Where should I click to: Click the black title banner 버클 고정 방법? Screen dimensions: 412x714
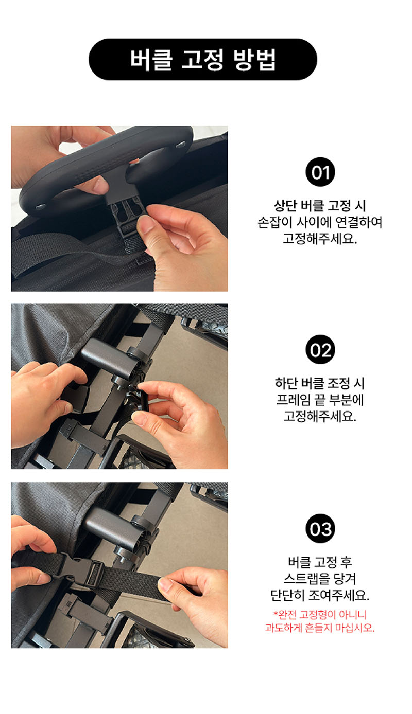pos(202,59)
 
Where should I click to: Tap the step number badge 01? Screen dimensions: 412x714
pos(320,172)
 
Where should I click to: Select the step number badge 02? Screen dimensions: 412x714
pos(320,349)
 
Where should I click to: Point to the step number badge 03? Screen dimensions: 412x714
pos(320,528)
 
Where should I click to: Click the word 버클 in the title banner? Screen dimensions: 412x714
pos(151,60)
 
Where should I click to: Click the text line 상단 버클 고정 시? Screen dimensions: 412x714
pos(320,206)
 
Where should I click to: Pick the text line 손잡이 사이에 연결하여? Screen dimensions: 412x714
pos(320,222)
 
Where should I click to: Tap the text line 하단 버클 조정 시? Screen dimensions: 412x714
pos(320,383)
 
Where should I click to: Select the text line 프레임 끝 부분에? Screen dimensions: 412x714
pos(320,400)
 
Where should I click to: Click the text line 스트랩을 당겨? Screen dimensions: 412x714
pos(320,578)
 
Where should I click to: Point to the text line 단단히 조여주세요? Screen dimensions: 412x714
pos(320,595)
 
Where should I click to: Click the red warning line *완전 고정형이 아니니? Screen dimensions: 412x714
pos(320,614)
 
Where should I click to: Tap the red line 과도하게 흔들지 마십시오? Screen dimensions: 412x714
pos(320,628)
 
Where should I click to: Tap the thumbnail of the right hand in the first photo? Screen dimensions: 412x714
pos(144,225)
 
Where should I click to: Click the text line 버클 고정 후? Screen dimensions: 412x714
pos(320,562)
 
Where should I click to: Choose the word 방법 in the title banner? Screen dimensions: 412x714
pos(255,60)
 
